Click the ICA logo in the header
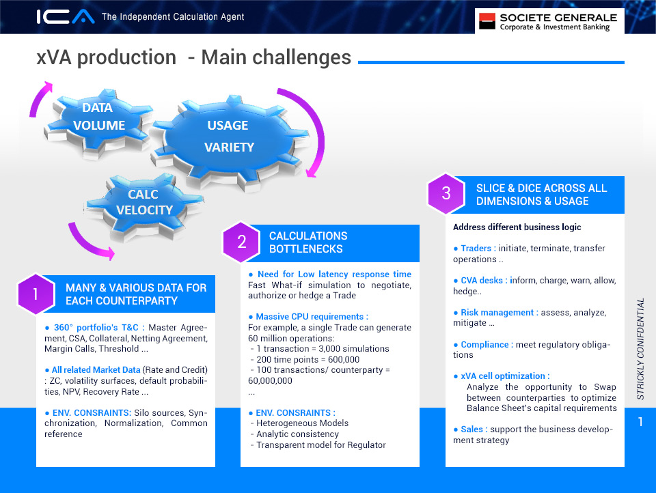[66, 16]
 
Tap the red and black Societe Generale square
[487, 21]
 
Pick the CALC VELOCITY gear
[143, 206]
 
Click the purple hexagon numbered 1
[36, 294]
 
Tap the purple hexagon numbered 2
[241, 242]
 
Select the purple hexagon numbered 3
[446, 194]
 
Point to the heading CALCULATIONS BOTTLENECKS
[308, 242]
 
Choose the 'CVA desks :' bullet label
[484, 280]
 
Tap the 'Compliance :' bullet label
[487, 345]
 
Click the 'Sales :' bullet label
[474, 429]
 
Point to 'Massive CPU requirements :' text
[312, 317]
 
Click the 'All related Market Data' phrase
[96, 369]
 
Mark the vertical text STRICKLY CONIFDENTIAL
[640, 349]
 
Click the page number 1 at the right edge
[640, 421]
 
